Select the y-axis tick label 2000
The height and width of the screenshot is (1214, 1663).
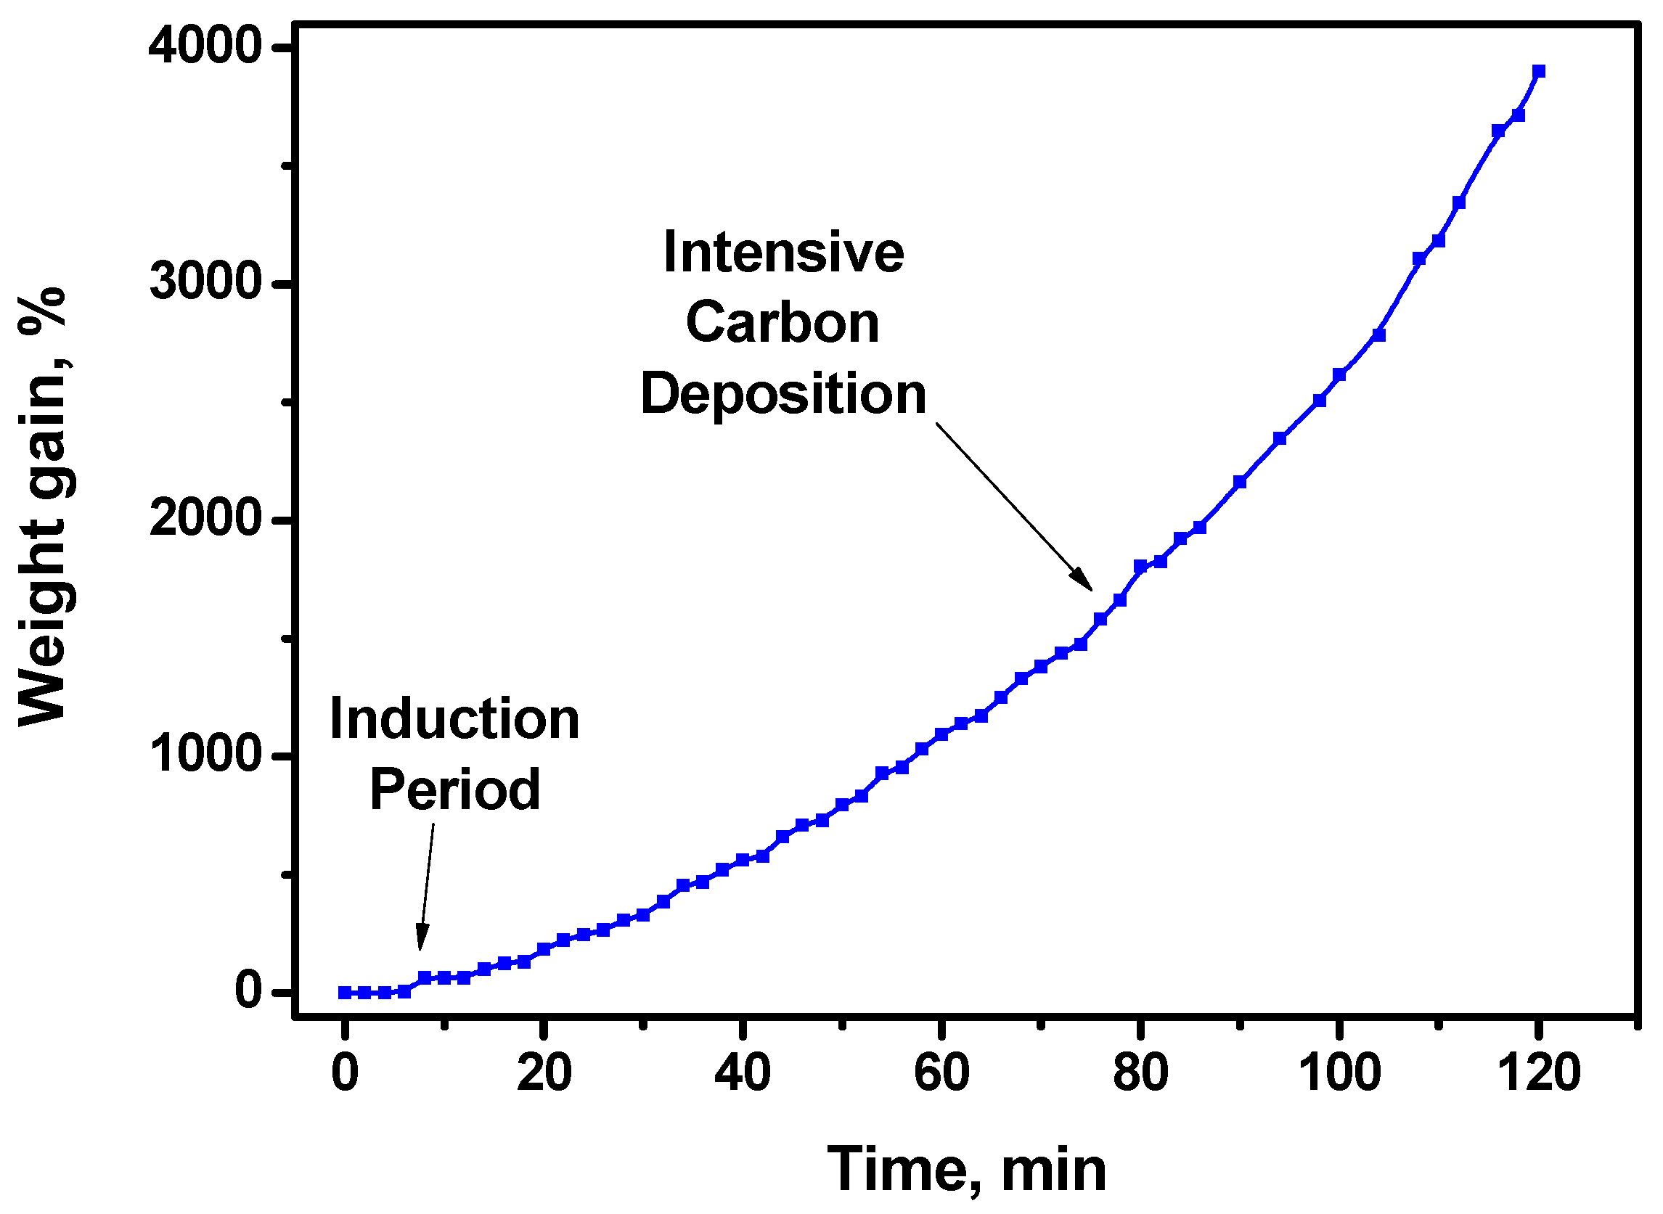[x=206, y=520]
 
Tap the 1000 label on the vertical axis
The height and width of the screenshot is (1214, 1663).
[x=206, y=755]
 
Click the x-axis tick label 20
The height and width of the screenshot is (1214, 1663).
[x=543, y=1074]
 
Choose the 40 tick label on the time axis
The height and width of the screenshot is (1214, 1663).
[x=743, y=1074]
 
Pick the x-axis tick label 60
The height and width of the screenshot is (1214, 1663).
[x=941, y=1074]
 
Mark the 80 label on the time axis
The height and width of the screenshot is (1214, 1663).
[x=1140, y=1074]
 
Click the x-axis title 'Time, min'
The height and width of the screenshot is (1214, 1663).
[x=967, y=1170]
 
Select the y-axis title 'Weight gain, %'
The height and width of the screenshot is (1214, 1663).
[x=43, y=507]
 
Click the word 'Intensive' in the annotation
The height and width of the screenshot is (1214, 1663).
[x=783, y=252]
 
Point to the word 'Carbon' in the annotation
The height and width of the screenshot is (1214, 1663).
[x=783, y=323]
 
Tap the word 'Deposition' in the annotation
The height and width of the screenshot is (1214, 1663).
[x=783, y=394]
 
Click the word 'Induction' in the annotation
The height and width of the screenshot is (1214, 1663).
[x=454, y=718]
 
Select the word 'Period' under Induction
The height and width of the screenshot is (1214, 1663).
[x=454, y=789]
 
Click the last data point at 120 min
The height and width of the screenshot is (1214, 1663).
[x=1539, y=71]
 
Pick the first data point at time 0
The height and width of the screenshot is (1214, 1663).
[x=344, y=993]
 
